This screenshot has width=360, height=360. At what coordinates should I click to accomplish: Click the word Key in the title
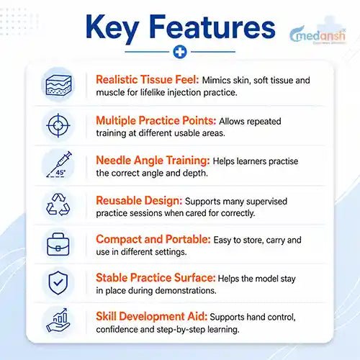pos(112,28)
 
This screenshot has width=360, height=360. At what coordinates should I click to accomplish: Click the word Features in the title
pos(212,27)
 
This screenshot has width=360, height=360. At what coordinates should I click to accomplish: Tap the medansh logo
pos(318,35)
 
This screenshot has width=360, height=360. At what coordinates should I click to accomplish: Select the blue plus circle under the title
pos(180,52)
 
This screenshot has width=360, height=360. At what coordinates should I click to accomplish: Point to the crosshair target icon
pos(58,125)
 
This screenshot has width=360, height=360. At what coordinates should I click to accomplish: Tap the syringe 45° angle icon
pos(59,164)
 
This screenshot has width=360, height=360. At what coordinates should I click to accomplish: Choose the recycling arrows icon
pos(58,204)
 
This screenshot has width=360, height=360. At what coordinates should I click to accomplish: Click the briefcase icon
pos(58,244)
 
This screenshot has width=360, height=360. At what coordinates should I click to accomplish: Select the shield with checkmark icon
pos(58,283)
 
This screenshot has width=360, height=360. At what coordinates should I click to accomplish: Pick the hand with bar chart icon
pos(58,320)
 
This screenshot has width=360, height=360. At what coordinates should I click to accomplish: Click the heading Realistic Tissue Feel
pos(148,79)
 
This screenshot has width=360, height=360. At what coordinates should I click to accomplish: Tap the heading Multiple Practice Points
pos(156,120)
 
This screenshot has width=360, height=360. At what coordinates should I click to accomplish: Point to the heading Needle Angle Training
pos(153,161)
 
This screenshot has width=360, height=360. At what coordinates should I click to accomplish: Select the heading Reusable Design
pos(139,200)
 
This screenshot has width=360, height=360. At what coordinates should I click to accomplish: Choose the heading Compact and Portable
pos(153,239)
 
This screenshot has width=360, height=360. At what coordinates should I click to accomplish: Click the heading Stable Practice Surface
pos(156,278)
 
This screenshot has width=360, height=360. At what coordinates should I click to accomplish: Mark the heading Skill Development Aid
pos(151,316)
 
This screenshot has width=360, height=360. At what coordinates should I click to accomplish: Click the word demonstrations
pos(186,291)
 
